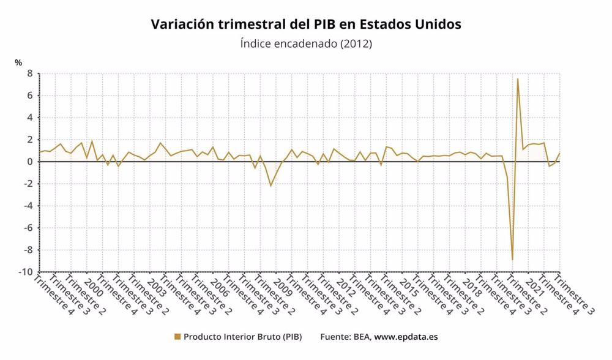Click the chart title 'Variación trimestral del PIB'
tap(305, 24)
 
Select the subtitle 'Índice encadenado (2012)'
tap(305, 44)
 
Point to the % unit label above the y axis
tap(18, 62)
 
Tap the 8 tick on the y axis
tap(29, 73)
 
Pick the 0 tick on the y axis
tap(29, 162)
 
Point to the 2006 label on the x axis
tap(218, 289)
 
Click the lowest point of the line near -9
tap(512, 260)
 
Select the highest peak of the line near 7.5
tap(518, 79)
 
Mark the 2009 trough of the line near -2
tap(271, 186)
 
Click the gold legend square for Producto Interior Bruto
tap(177, 337)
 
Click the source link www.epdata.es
tap(406, 337)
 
